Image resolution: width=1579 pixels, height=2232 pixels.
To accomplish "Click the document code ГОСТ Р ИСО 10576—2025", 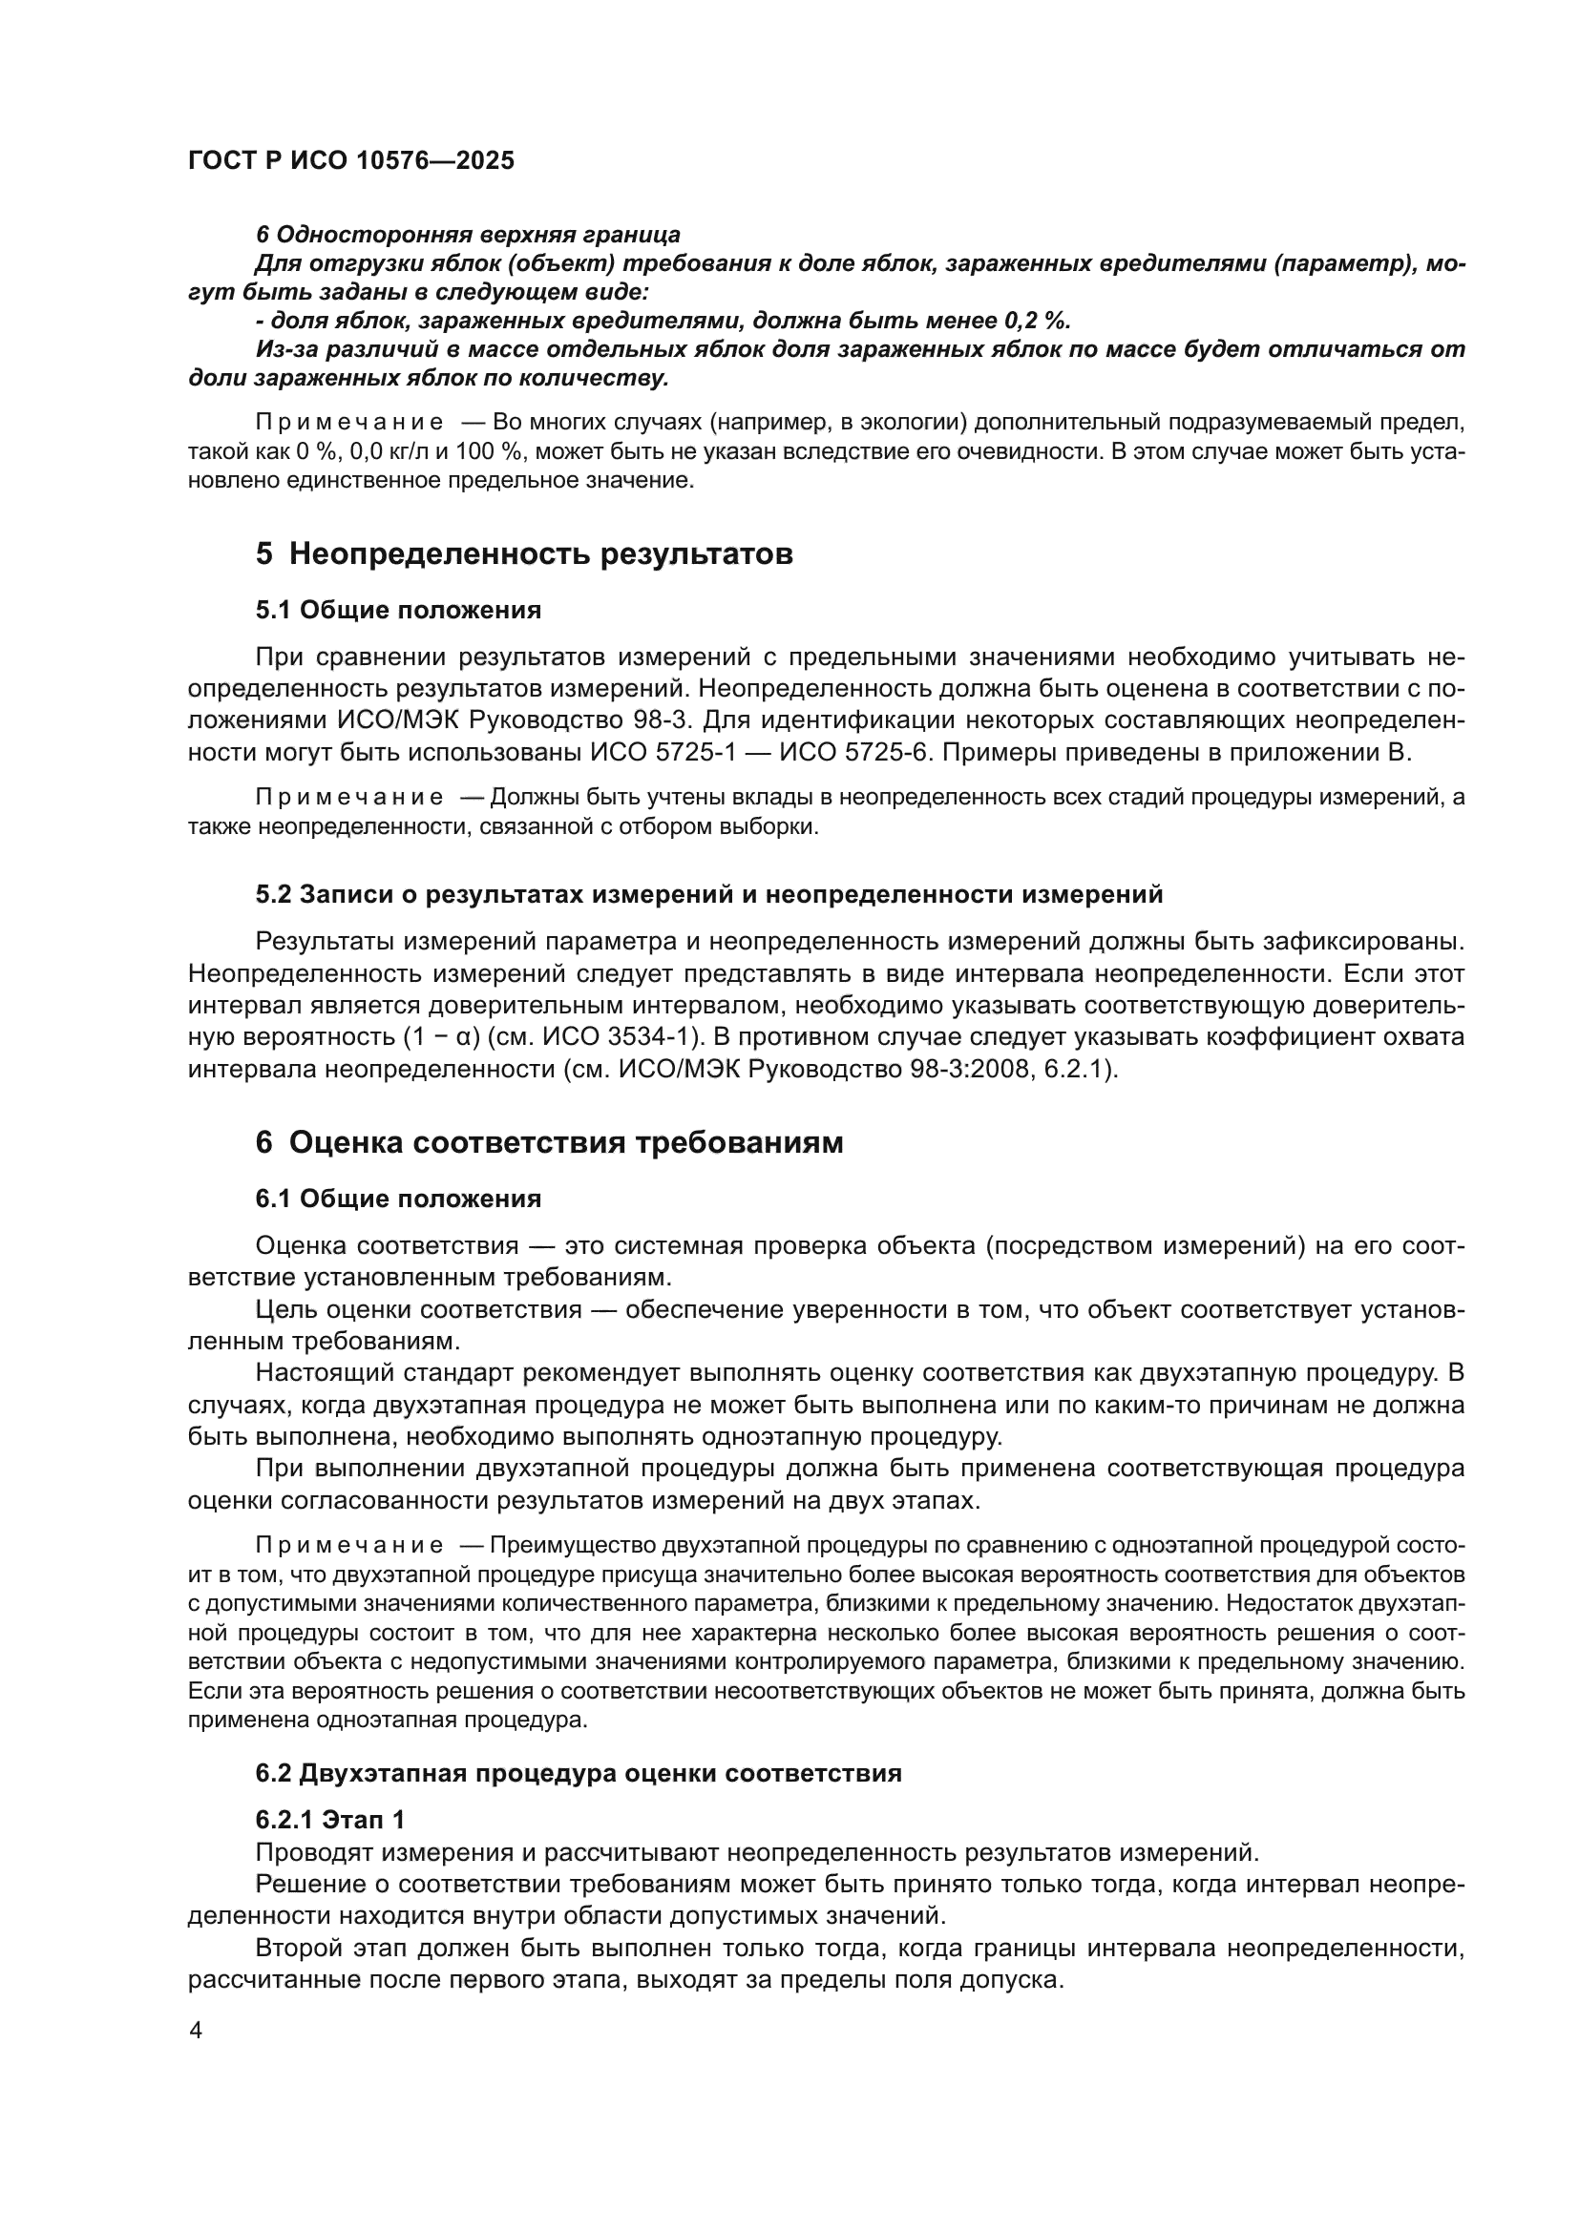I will pyautogui.click(x=351, y=161).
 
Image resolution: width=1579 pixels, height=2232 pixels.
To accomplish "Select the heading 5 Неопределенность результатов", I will pyautogui.click(x=524, y=554).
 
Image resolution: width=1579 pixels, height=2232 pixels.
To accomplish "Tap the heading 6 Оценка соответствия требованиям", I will pyautogui.click(x=549, y=1142).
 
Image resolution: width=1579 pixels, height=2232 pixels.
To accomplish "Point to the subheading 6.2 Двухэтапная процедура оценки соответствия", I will pyautogui.click(x=579, y=1773).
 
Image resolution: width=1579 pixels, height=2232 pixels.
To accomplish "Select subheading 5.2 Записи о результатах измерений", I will pyautogui.click(x=708, y=894).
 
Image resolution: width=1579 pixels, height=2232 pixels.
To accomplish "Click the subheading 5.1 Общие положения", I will pyautogui.click(x=399, y=611).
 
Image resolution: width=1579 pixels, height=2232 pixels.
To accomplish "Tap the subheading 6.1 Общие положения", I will pyautogui.click(x=399, y=1199).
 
